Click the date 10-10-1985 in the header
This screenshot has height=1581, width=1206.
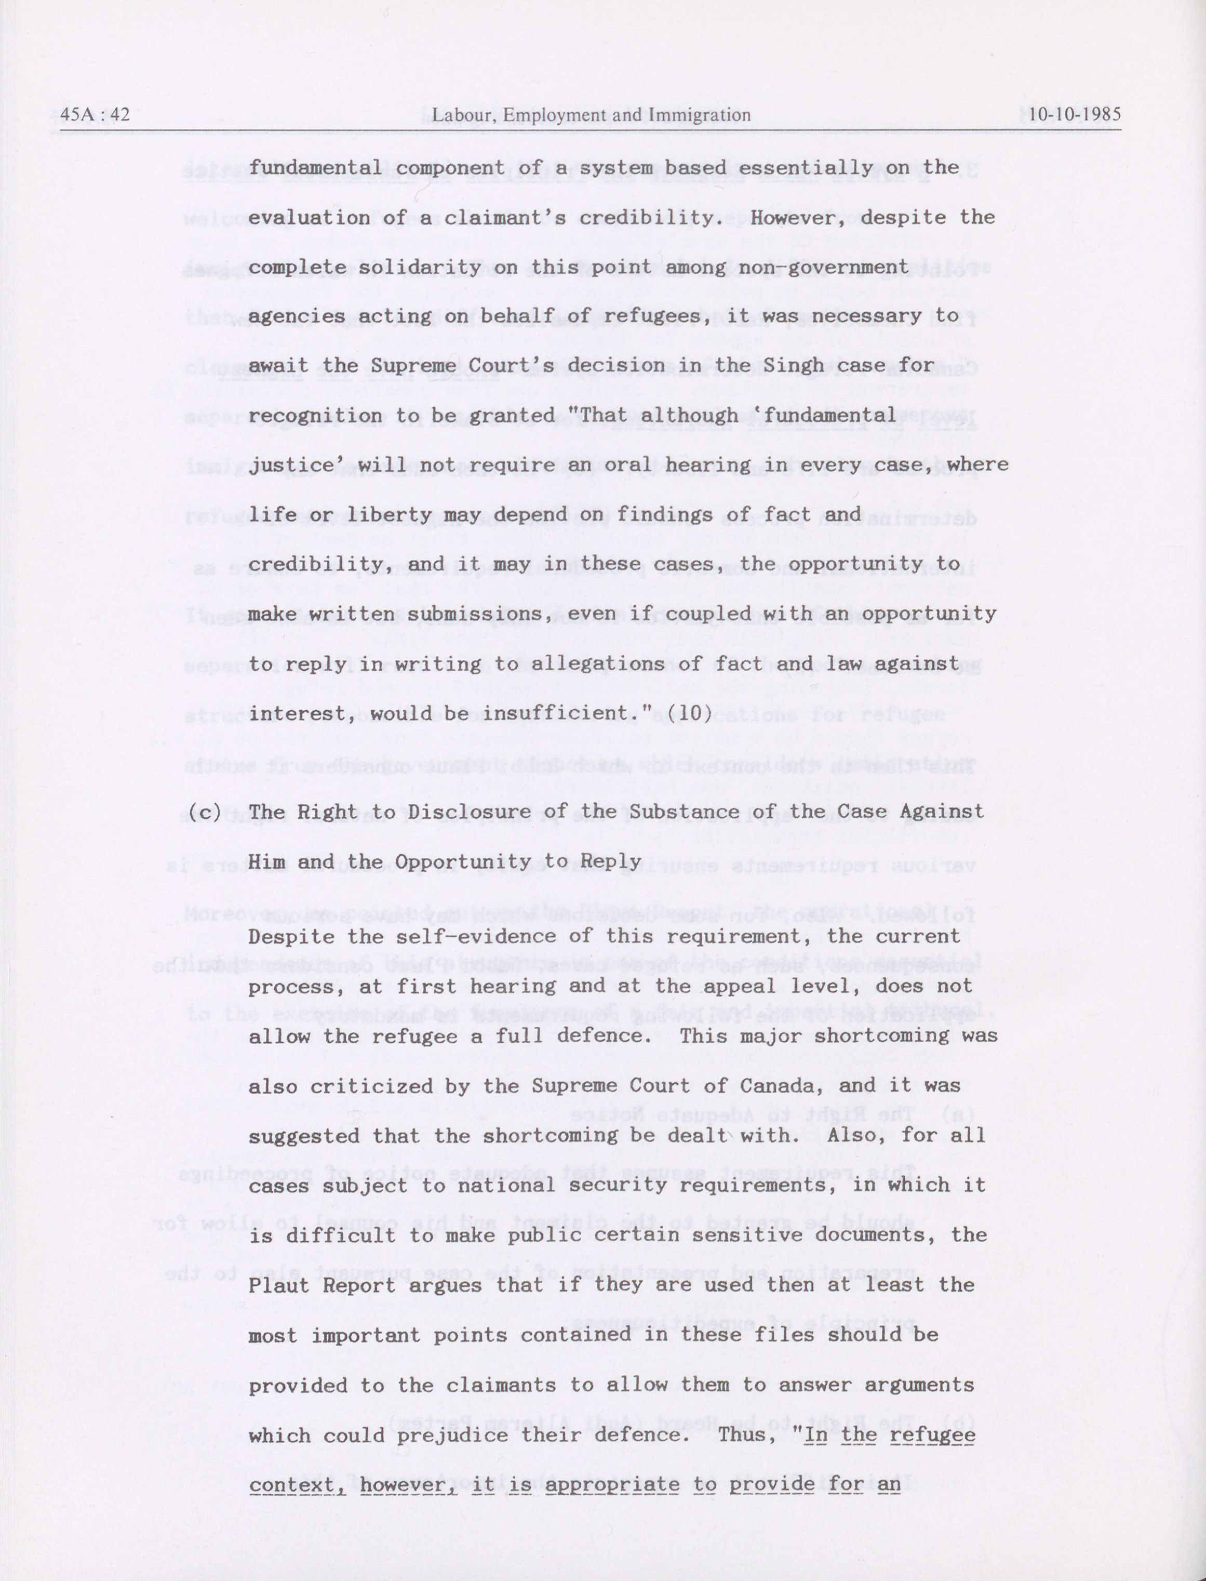tap(1074, 115)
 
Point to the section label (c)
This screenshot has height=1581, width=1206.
tap(205, 812)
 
